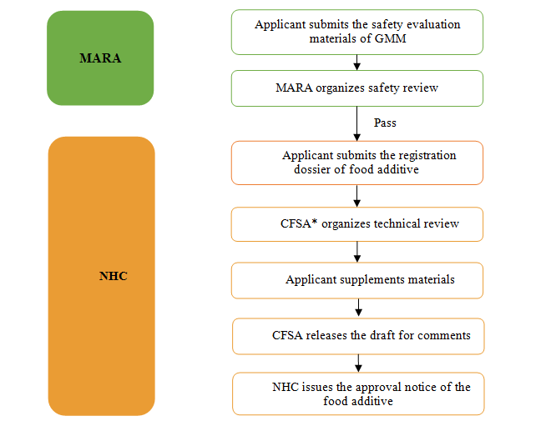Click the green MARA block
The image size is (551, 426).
100,58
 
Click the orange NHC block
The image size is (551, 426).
101,275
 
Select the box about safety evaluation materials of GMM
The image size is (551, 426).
357,32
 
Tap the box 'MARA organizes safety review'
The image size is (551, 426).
357,88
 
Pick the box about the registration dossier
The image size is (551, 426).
357,163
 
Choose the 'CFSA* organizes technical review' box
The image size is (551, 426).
357,223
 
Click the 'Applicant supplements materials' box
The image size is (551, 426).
357,280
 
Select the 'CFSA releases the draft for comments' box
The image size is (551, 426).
357,335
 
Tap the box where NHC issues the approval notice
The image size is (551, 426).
357,393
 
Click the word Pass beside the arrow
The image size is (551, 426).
385,123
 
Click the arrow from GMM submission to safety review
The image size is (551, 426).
357,62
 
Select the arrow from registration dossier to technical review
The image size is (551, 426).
357,196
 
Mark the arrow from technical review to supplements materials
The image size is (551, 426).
357,252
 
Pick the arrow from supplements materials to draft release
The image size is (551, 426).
357,308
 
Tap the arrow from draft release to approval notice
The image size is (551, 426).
357,363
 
